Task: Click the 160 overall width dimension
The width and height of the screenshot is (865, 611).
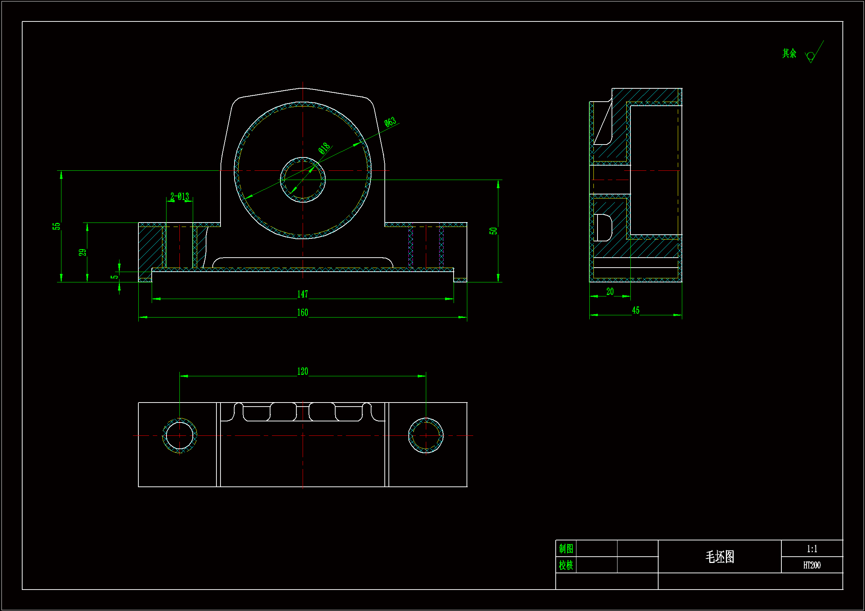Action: click(x=302, y=312)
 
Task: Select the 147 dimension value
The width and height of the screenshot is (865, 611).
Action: click(x=302, y=294)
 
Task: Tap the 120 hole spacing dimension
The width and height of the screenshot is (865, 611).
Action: click(x=303, y=371)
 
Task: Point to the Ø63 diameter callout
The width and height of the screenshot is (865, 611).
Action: click(x=390, y=122)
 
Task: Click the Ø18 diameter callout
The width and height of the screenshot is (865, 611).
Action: click(x=324, y=148)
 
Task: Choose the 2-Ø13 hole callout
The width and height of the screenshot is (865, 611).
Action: click(x=180, y=197)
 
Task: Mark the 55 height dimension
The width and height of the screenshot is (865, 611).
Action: click(x=56, y=226)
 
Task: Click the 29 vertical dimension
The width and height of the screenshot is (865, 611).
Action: click(x=83, y=252)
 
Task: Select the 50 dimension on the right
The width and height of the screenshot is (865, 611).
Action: click(x=493, y=231)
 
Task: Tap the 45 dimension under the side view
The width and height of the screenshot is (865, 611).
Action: click(x=636, y=310)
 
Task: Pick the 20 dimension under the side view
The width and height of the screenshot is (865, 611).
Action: click(x=610, y=291)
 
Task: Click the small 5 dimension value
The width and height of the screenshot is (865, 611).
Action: click(x=114, y=277)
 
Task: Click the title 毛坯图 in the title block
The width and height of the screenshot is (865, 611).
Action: click(x=720, y=556)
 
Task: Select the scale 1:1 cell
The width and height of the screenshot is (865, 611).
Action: click(x=812, y=549)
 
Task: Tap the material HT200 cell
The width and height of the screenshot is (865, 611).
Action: click(x=812, y=565)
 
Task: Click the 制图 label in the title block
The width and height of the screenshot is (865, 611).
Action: click(x=566, y=549)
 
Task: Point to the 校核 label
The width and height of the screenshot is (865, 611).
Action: click(x=566, y=565)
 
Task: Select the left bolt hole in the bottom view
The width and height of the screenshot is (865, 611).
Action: click(x=180, y=435)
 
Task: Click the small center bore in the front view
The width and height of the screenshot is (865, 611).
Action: click(x=303, y=180)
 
